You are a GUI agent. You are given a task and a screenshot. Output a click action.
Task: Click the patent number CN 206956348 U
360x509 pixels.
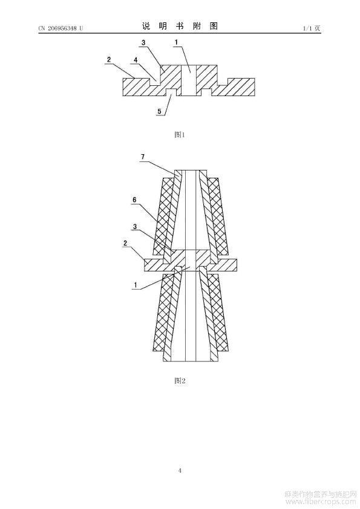pyautogui.click(x=61, y=28)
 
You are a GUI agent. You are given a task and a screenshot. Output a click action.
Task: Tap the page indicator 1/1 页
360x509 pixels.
pyautogui.click(x=312, y=28)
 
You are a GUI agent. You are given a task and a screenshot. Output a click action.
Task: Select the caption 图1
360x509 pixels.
pyautogui.click(x=180, y=134)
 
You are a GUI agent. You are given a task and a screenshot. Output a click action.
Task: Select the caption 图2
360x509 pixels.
pyautogui.click(x=180, y=380)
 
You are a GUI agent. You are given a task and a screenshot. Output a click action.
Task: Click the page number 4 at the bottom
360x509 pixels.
pyautogui.click(x=180, y=470)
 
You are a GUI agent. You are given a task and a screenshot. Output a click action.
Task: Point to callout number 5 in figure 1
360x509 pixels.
pyautogui.click(x=159, y=111)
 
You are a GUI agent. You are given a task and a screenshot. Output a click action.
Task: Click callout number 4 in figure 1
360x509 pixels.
pyautogui.click(x=136, y=60)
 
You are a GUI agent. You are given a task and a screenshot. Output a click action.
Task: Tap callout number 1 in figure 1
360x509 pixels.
pyautogui.click(x=176, y=42)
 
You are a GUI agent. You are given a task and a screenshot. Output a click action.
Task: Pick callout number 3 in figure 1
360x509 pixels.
pyautogui.click(x=143, y=42)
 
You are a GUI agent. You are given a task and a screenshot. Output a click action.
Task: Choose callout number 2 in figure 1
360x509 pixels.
pyautogui.click(x=109, y=59)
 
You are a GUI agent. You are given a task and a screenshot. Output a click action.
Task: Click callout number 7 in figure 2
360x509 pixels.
pyautogui.click(x=143, y=157)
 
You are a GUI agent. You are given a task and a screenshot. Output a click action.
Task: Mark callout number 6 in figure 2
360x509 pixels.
pyautogui.click(x=134, y=199)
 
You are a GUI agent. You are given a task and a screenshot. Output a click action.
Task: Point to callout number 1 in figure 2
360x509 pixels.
pyautogui.click(x=135, y=285)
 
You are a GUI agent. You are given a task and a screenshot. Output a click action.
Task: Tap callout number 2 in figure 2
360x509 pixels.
pyautogui.click(x=125, y=243)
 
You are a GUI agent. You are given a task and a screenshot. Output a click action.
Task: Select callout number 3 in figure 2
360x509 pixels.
pyautogui.click(x=134, y=227)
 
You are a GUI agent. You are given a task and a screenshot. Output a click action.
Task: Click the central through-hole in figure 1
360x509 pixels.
pyautogui.click(x=188, y=80)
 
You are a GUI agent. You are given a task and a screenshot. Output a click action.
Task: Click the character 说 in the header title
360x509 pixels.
pyautogui.click(x=146, y=27)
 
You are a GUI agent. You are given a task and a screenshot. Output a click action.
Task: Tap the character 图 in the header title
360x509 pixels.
pyautogui.click(x=214, y=27)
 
